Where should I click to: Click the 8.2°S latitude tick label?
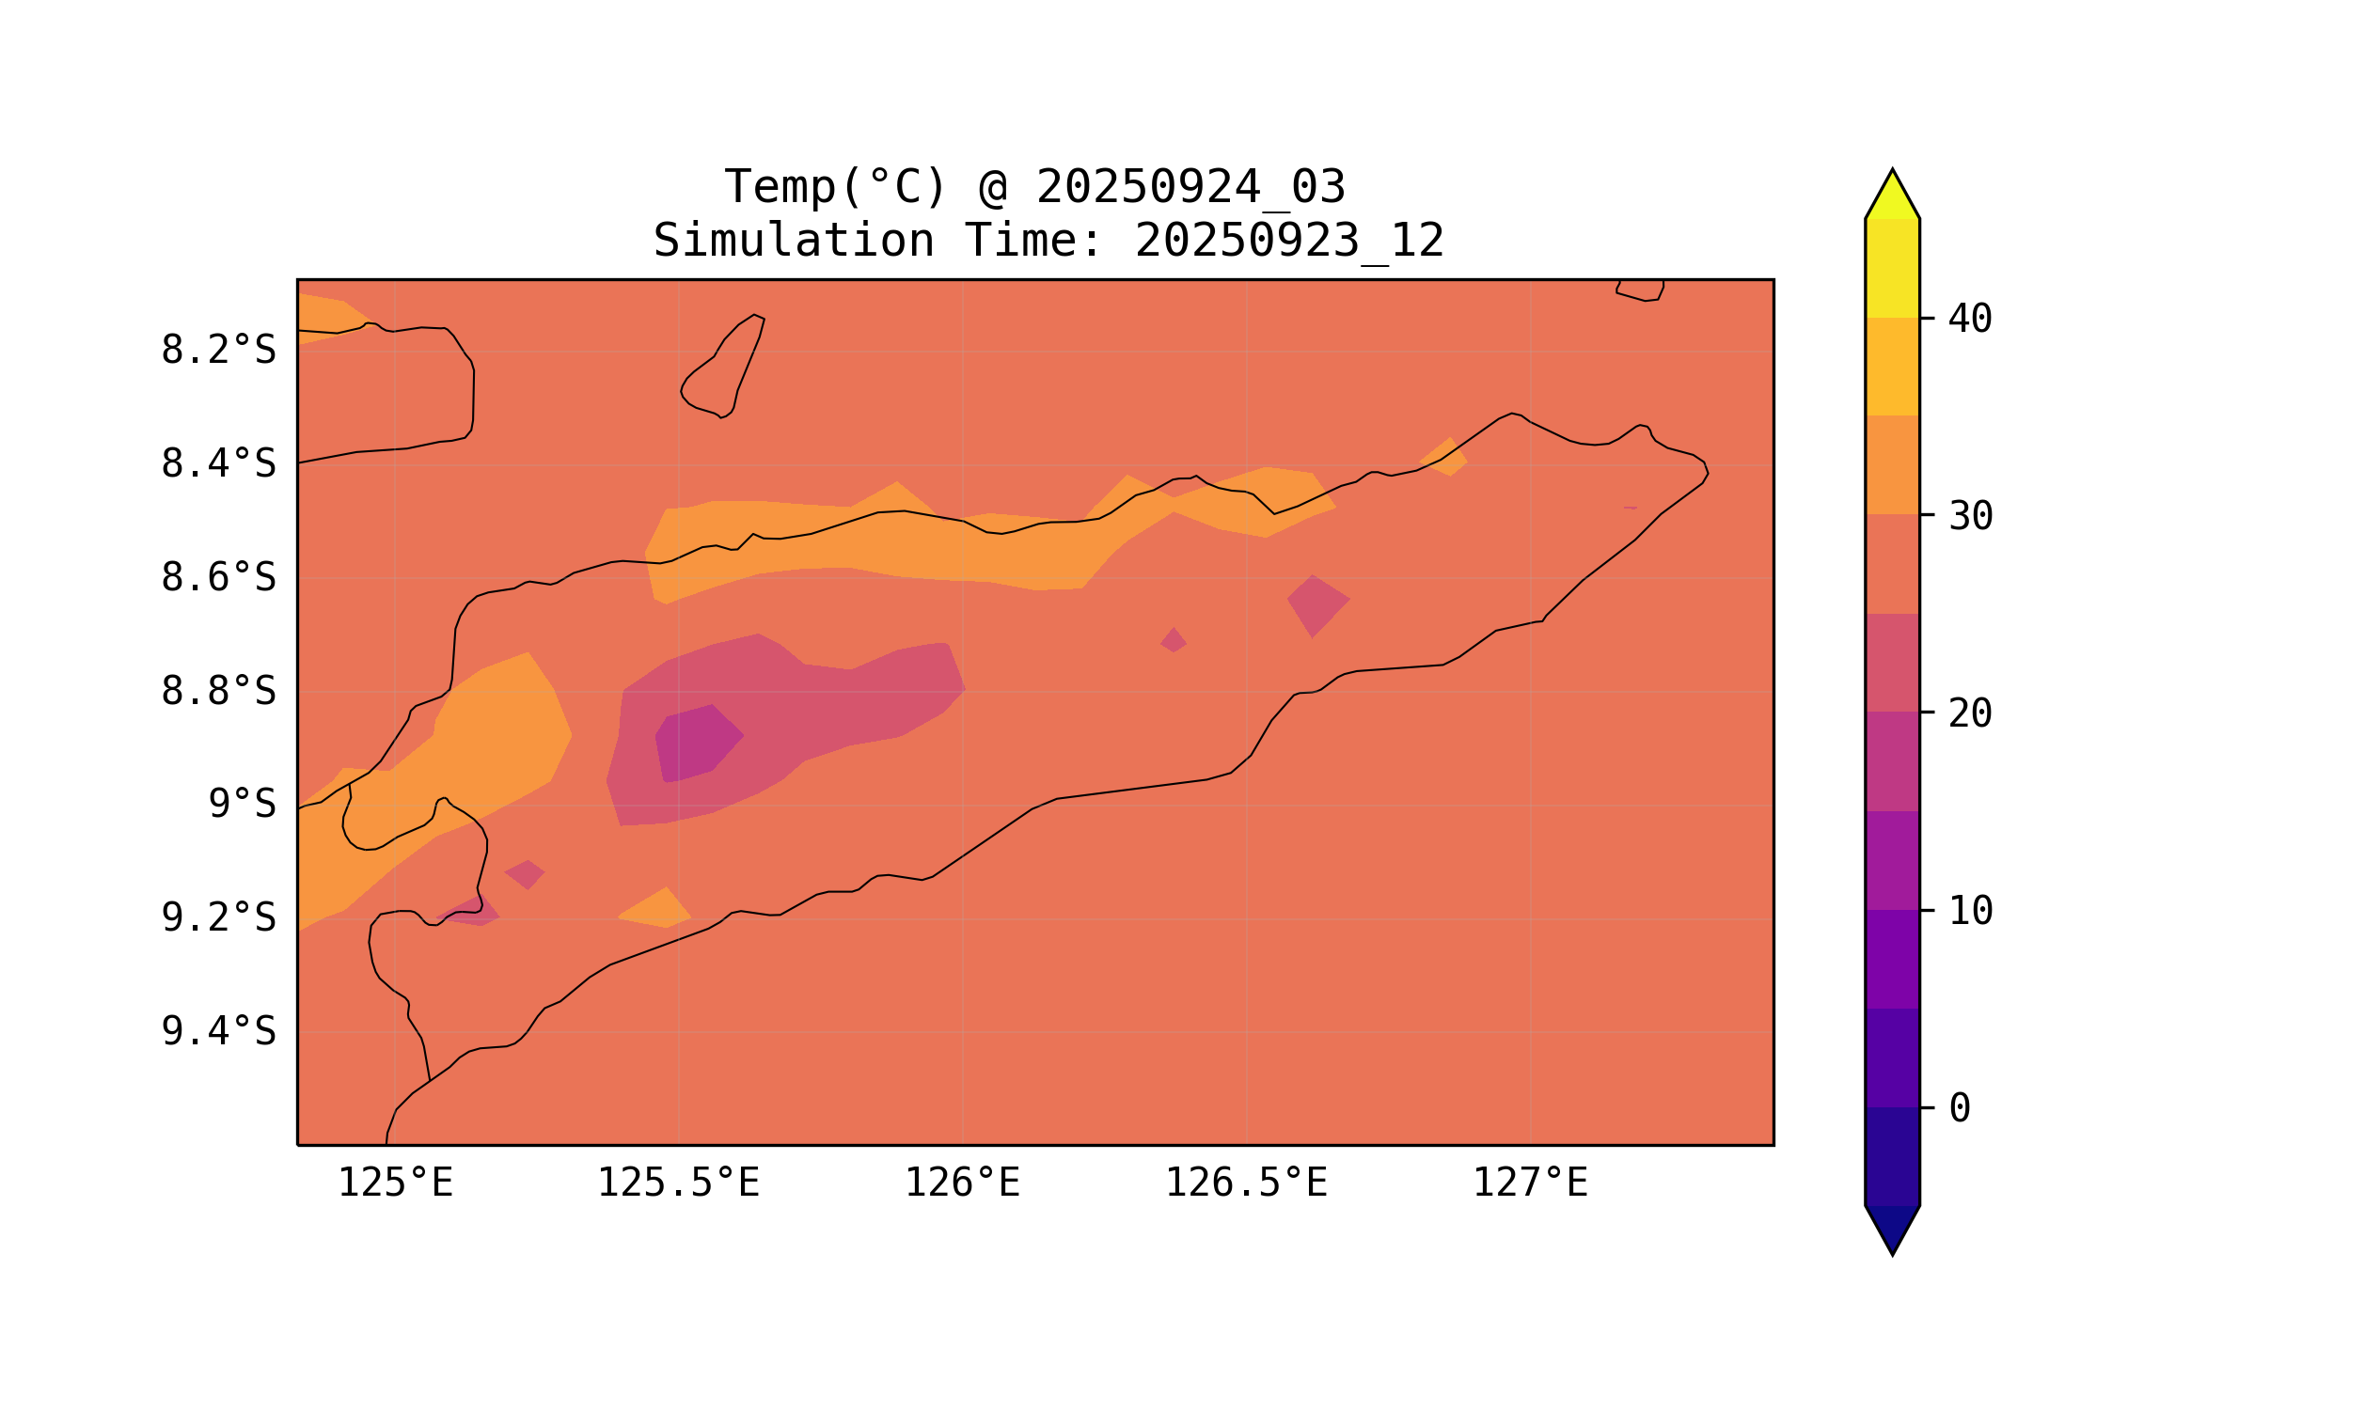coord(217,351)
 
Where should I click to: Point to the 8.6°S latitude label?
coord(217,578)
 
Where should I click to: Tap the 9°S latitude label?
coord(242,804)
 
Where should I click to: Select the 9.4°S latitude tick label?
coord(217,1031)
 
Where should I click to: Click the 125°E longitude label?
coord(394,1183)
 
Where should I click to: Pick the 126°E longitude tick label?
coord(962,1183)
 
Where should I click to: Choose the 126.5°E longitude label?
coord(1245,1183)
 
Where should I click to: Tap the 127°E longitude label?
coord(1529,1183)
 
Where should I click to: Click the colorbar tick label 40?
coord(1969,320)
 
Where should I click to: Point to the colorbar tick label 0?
coord(1959,1108)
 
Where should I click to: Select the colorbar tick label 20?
coord(1969,713)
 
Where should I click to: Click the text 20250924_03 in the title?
coord(1190,187)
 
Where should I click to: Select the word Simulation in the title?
coord(793,241)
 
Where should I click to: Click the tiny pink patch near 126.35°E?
coord(1174,640)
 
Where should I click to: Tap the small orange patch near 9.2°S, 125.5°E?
coord(656,909)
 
